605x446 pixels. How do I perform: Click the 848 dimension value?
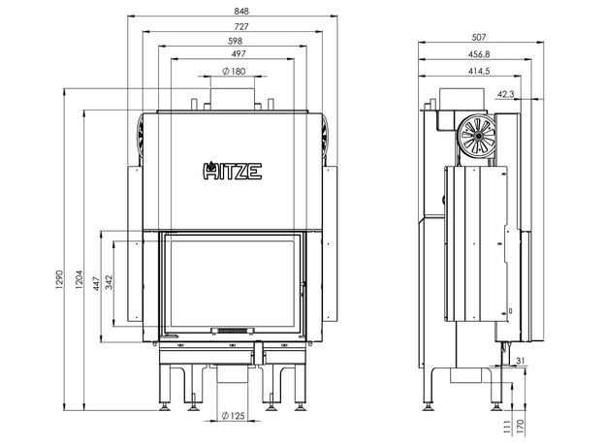click(x=232, y=10)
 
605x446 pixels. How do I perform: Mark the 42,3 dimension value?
click(x=505, y=94)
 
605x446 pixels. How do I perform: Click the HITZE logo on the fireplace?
click(x=232, y=172)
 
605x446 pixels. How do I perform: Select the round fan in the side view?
click(x=475, y=133)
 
